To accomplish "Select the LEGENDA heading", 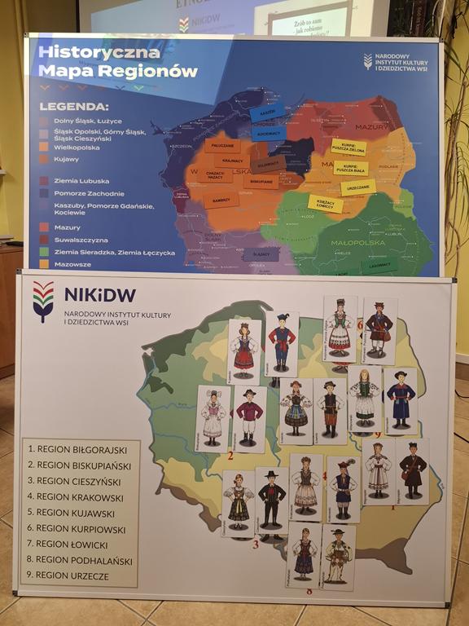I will [74, 106].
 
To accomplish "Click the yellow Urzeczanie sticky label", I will [357, 187].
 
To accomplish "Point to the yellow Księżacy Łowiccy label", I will [324, 203].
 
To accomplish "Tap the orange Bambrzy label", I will [221, 198].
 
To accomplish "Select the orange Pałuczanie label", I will [221, 146].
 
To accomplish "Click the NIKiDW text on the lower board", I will [99, 294].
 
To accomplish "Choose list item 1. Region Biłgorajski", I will [80, 448].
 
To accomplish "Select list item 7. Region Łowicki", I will [74, 544].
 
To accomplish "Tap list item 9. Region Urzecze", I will [75, 575].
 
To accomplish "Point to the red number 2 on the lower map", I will [230, 456].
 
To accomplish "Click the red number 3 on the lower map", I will [255, 544].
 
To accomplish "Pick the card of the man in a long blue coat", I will [400, 399].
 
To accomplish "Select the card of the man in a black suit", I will [271, 499].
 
